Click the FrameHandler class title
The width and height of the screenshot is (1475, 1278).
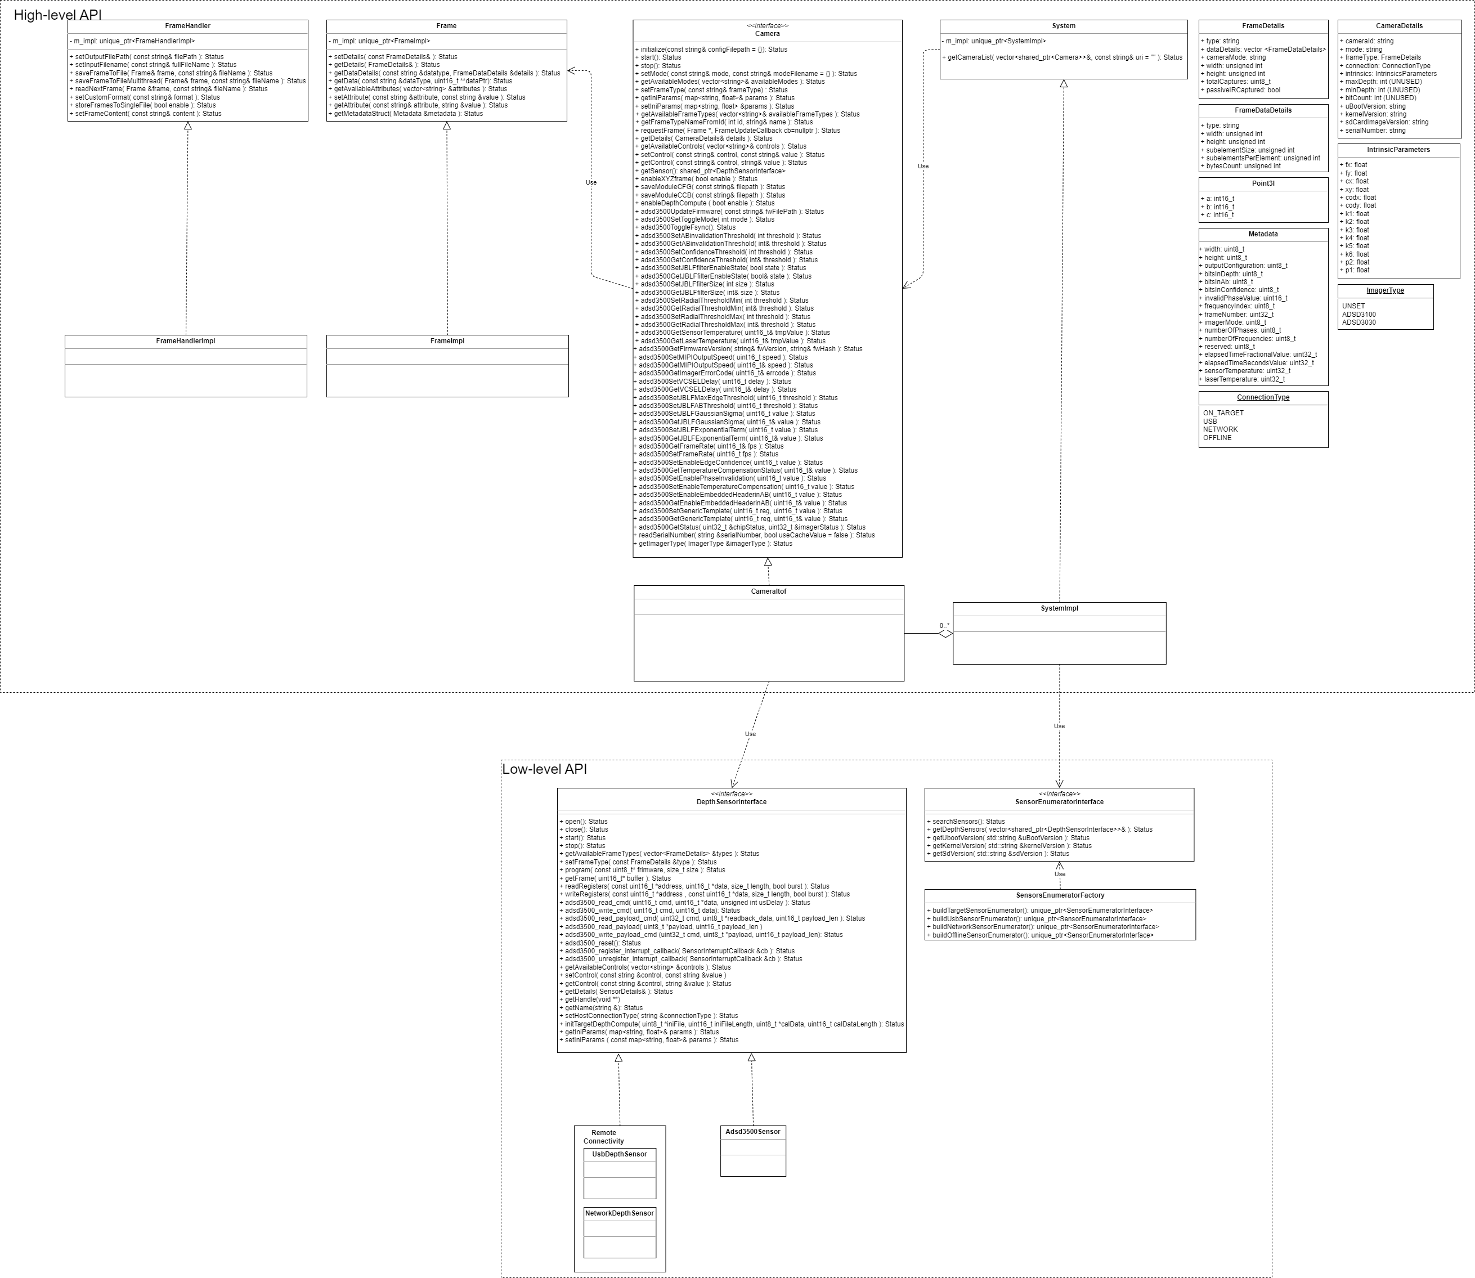click(187, 26)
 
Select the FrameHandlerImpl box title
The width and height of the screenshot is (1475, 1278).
click(186, 341)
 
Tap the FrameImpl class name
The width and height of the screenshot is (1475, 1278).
click(447, 341)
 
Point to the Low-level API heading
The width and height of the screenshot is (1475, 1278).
click(544, 769)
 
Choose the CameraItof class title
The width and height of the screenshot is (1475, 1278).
click(768, 591)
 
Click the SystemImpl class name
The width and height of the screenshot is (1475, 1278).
click(1059, 608)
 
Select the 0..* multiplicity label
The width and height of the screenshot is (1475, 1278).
click(944, 625)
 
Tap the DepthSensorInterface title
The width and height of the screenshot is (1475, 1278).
click(731, 801)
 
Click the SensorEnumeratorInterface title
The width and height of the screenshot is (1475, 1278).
click(1059, 801)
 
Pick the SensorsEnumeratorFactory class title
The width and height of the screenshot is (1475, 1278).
click(1060, 895)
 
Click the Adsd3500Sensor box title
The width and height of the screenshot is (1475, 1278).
click(752, 1131)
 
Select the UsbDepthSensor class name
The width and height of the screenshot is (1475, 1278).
click(619, 1154)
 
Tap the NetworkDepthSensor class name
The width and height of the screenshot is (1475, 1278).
click(619, 1213)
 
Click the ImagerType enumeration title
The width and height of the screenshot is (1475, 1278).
click(1385, 290)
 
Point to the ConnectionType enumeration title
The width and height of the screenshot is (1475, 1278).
click(1262, 397)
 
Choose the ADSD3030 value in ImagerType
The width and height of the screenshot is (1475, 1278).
click(1359, 322)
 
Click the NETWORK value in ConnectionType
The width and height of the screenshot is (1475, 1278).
click(1221, 429)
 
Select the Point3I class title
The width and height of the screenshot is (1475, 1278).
click(1262, 183)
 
